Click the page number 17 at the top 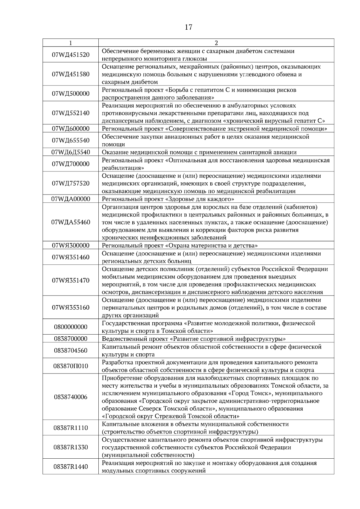pos(188,27)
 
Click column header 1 pos(70,43)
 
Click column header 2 pos(216,43)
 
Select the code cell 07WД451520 pos(70,55)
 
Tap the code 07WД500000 pos(70,94)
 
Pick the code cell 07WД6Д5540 pos(70,152)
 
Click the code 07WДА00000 pos(70,199)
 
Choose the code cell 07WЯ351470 pos(70,281)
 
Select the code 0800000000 pos(70,327)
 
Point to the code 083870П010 pos(70,366)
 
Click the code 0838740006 pos(70,397)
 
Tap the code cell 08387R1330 pos(70,447)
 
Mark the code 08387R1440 pos(70,467)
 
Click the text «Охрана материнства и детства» pos(211,246)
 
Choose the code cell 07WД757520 pos(70,183)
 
